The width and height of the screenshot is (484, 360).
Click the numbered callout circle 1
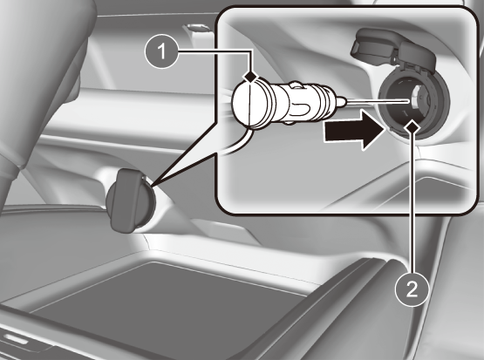pyautogui.click(x=161, y=51)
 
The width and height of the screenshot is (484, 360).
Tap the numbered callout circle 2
pyautogui.click(x=412, y=289)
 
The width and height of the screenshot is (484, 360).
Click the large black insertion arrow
pyautogui.click(x=354, y=131)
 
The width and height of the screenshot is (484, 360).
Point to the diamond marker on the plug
pyautogui.click(x=250, y=76)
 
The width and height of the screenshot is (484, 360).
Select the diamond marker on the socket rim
pyautogui.click(x=412, y=126)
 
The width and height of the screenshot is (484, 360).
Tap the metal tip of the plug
pyautogui.click(x=342, y=102)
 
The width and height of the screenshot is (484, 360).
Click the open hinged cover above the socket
pyautogui.click(x=392, y=49)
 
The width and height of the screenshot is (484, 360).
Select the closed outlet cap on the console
pyautogui.click(x=131, y=200)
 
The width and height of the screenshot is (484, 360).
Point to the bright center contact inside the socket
pyautogui.click(x=415, y=96)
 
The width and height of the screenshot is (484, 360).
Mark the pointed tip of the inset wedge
pyautogui.click(x=151, y=187)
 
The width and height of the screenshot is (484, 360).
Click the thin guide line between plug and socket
pyautogui.click(x=378, y=101)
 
